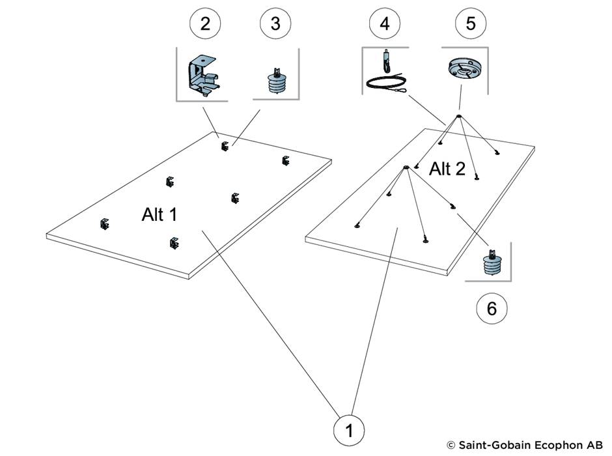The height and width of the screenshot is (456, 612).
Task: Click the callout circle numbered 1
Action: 350,430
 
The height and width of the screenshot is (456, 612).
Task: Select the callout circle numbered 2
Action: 206,24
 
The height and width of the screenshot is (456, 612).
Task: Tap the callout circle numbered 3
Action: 275,24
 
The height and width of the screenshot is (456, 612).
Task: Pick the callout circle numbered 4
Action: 385,24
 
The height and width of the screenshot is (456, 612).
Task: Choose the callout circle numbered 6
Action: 492,308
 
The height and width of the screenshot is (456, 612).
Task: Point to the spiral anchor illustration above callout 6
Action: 492,264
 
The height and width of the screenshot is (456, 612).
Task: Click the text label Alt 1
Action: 160,214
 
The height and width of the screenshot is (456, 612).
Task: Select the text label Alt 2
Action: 447,169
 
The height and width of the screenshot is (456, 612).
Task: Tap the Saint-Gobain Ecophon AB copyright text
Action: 525,445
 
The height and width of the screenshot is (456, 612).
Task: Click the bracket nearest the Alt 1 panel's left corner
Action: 104,224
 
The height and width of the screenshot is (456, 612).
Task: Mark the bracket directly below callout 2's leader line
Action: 225,146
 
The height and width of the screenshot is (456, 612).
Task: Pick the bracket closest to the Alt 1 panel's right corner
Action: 285,160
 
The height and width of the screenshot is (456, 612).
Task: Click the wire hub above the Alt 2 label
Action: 458,117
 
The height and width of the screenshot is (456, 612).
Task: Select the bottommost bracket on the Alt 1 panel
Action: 173,243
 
